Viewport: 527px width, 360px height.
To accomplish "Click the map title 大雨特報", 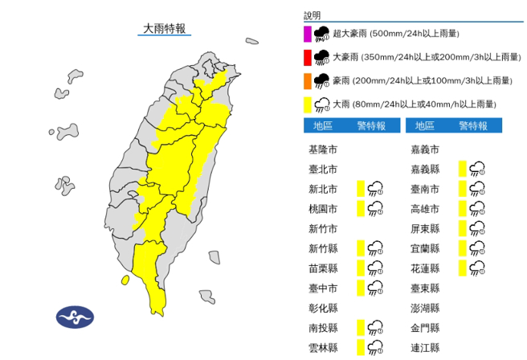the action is point(164,28).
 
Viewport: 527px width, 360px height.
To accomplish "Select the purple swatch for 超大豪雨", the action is point(307,34).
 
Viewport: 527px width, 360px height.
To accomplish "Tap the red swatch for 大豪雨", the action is point(307,57).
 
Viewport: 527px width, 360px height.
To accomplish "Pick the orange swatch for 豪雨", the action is point(307,80).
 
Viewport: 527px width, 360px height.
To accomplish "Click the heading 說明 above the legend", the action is point(312,15).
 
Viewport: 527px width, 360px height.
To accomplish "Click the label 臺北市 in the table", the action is point(322,170).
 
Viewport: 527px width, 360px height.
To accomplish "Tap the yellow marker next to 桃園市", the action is point(362,209).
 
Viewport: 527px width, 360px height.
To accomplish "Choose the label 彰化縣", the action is point(322,308).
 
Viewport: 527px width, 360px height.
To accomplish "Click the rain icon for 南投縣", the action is point(375,328).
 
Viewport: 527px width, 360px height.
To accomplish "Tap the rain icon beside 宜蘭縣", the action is point(477,248).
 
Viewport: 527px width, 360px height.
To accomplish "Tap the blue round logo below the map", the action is point(75,317).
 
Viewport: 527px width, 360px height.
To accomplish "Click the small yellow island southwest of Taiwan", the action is point(125,280).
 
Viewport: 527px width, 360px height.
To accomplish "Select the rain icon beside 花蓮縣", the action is point(477,268).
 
